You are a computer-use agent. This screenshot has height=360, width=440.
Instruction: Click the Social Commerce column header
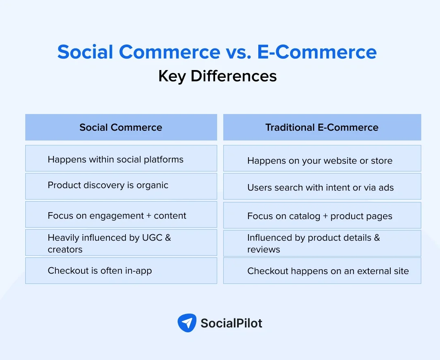pos(121,127)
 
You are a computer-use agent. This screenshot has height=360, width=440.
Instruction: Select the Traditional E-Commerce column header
pos(322,127)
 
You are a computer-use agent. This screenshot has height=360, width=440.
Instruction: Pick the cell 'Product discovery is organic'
pos(121,186)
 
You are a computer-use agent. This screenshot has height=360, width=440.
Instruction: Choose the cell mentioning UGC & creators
pos(121,243)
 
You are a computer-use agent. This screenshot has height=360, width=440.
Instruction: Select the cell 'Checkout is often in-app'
pos(121,270)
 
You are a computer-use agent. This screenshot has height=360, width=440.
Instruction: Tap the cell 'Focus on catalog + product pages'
pos(322,215)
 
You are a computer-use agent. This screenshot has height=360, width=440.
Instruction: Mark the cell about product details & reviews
pos(322,243)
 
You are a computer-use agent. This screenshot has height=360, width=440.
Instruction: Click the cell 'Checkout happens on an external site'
pos(322,271)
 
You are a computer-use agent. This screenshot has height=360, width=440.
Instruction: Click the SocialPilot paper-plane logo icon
pos(187,323)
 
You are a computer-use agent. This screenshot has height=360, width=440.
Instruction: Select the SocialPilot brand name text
pos(231,323)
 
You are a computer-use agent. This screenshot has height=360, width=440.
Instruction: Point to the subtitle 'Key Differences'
pos(218,76)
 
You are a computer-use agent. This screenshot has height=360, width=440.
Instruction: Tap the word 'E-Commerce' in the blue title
pos(317,52)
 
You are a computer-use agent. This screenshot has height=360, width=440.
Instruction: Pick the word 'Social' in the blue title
pos(85,52)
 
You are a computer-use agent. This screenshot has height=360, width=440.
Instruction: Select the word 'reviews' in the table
pos(264,249)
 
